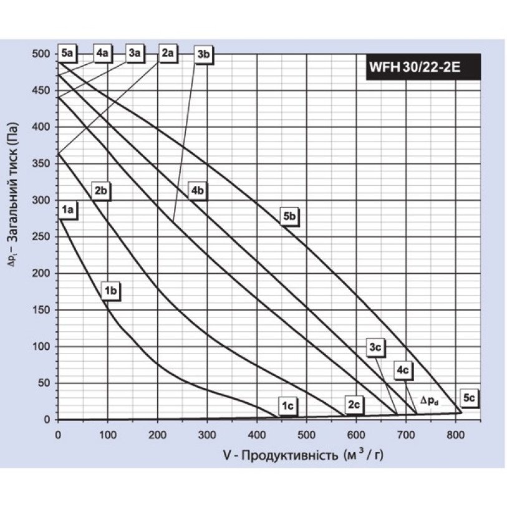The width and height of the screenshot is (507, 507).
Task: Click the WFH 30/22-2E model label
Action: tap(423, 67)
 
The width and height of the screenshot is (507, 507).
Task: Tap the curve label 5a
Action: tap(68, 54)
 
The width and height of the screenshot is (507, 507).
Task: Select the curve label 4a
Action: tap(102, 54)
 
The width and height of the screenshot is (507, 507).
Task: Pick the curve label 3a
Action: tap(134, 54)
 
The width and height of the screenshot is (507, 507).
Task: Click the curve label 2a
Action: tap(168, 54)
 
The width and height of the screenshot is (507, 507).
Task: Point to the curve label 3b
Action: tap(204, 55)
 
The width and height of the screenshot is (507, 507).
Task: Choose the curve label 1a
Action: tap(68, 211)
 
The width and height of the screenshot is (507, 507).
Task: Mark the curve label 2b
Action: tap(101, 191)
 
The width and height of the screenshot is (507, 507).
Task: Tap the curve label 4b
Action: tap(198, 191)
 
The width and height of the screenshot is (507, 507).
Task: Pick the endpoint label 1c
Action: tap(287, 407)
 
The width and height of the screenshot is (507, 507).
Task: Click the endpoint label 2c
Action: tap(354, 406)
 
